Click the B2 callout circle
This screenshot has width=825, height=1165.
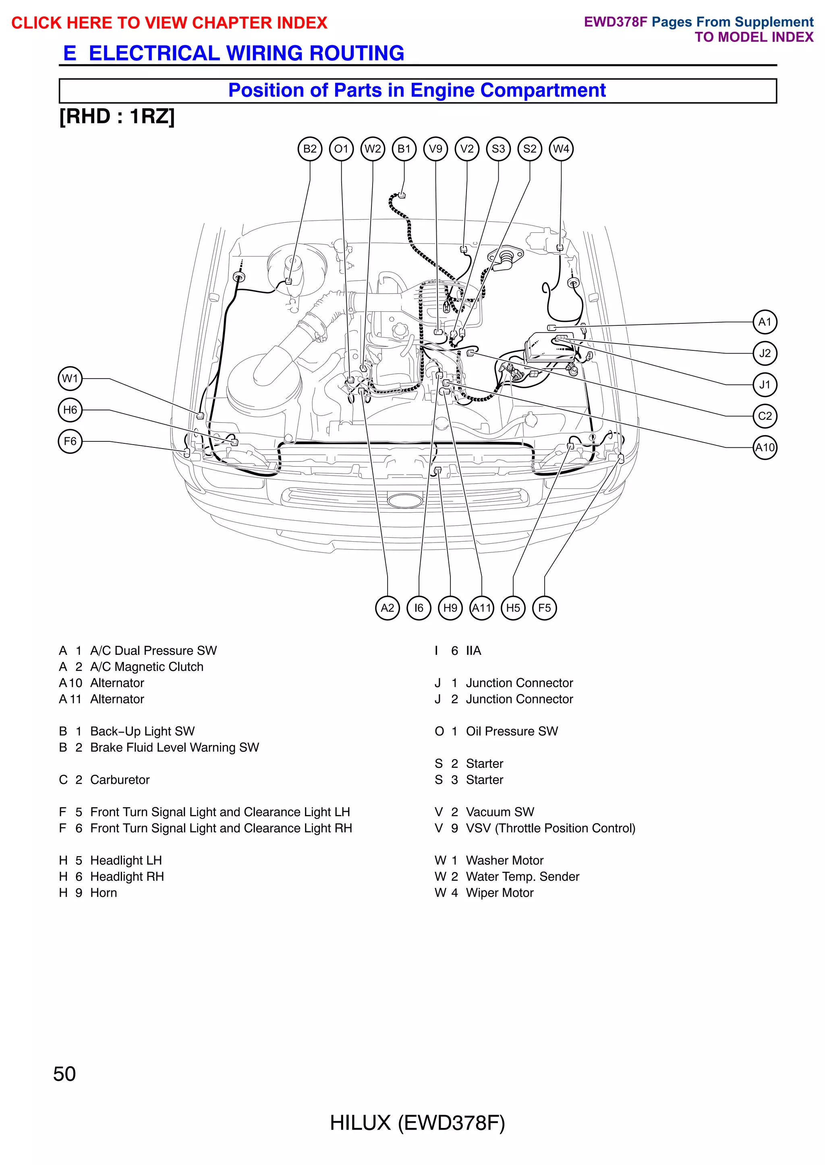tap(309, 149)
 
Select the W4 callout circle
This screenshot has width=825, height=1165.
tap(561, 149)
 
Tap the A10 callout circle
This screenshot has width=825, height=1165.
tap(765, 447)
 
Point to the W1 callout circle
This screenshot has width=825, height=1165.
tap(70, 379)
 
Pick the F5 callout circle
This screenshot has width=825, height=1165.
tap(544, 608)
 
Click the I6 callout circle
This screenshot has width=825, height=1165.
tap(419, 608)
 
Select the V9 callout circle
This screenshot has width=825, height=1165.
tap(435, 149)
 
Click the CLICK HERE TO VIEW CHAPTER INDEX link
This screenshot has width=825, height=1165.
tap(169, 23)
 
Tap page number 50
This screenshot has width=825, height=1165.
tap(64, 1074)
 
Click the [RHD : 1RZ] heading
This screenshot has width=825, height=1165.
tap(117, 117)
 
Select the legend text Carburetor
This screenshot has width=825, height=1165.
tap(120, 780)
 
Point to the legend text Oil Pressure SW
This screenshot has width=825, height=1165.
tap(512, 731)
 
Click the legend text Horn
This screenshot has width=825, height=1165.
tap(104, 893)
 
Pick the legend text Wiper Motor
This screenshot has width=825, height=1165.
tap(500, 893)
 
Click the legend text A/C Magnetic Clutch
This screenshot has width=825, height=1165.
tap(147, 667)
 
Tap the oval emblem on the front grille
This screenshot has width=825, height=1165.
tap(405, 500)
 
